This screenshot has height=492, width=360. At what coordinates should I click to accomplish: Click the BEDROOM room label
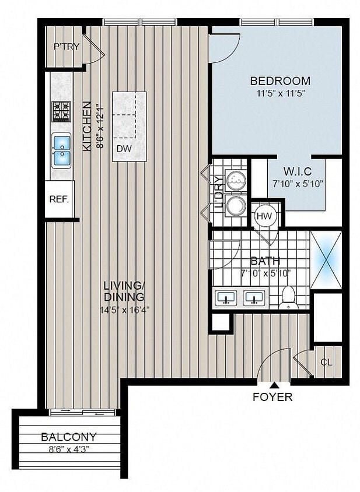click(x=280, y=81)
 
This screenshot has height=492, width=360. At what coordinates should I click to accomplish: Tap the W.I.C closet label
click(x=298, y=171)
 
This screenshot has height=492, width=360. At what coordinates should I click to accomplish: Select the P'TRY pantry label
click(x=66, y=47)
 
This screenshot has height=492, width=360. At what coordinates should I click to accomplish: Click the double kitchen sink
click(x=61, y=150)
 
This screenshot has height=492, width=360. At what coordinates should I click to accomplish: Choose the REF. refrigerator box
click(x=59, y=199)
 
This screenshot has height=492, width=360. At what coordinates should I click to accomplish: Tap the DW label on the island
click(x=124, y=149)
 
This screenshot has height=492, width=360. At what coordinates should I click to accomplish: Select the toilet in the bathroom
click(x=288, y=297)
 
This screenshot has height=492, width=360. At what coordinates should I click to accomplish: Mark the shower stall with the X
click(x=326, y=259)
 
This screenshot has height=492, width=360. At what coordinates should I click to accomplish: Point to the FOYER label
click(x=272, y=398)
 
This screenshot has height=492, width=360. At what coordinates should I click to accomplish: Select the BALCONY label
click(x=69, y=437)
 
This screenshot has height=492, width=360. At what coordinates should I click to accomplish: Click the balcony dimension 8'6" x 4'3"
click(x=69, y=449)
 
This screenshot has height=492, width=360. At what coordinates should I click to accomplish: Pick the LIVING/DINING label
click(x=123, y=291)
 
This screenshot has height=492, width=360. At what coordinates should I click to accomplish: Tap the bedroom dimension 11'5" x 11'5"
click(x=281, y=93)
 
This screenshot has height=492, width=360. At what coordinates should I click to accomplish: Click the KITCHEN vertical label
click(x=86, y=126)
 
